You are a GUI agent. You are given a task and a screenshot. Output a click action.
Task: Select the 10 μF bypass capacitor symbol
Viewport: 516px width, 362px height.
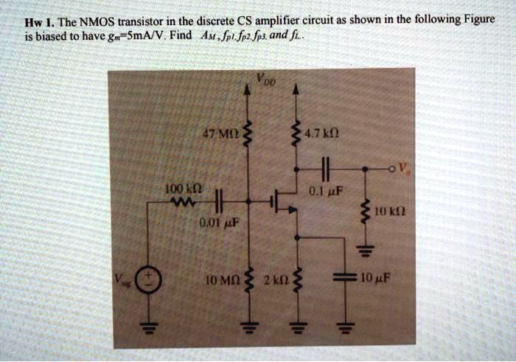(x=345, y=279)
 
